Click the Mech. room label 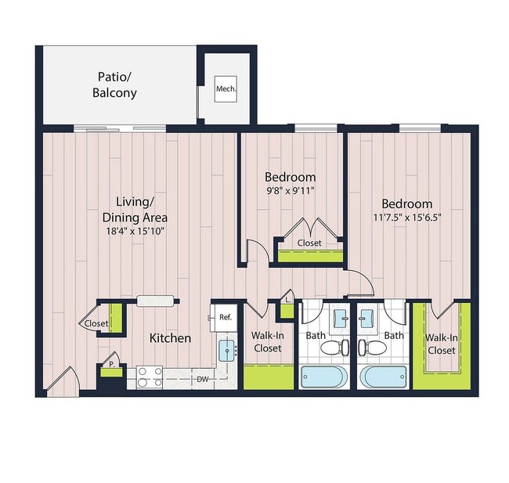coord(226,88)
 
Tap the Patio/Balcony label coord(117,85)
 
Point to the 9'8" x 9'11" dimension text coord(290,190)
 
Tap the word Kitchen coord(171,338)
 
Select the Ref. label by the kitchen coord(224,317)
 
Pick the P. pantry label coord(110,365)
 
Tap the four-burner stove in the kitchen coord(150,377)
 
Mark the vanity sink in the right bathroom coord(366,319)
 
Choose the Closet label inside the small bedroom coord(309,243)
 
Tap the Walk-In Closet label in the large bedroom coord(441,344)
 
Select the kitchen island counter coord(156,300)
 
